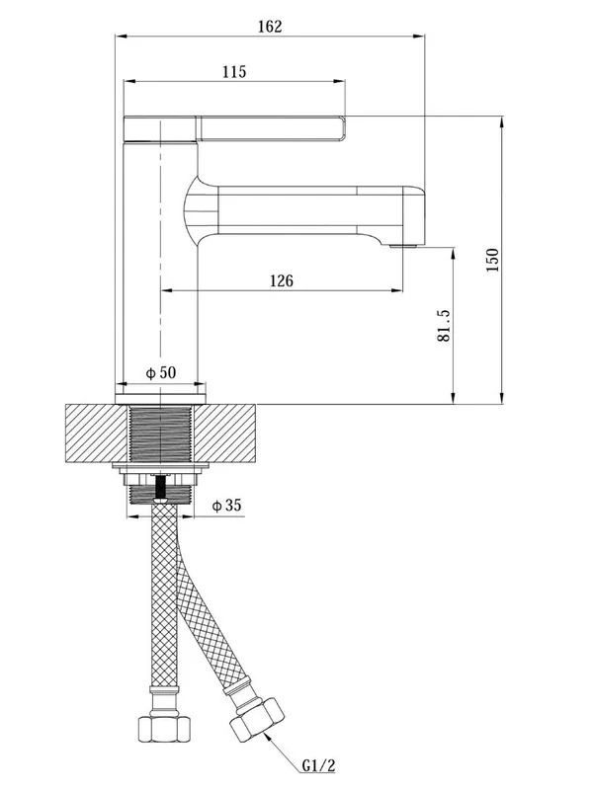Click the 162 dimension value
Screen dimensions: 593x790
point(270,27)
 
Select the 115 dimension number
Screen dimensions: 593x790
point(234,71)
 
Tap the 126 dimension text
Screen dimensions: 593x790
point(282,280)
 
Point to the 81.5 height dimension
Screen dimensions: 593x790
point(443,326)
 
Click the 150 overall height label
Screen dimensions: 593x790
point(492,260)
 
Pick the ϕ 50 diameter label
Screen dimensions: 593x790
point(161,373)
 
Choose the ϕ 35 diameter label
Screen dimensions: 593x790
point(227,505)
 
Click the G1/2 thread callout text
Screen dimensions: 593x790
point(318,766)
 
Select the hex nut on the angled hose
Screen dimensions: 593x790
point(257,720)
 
